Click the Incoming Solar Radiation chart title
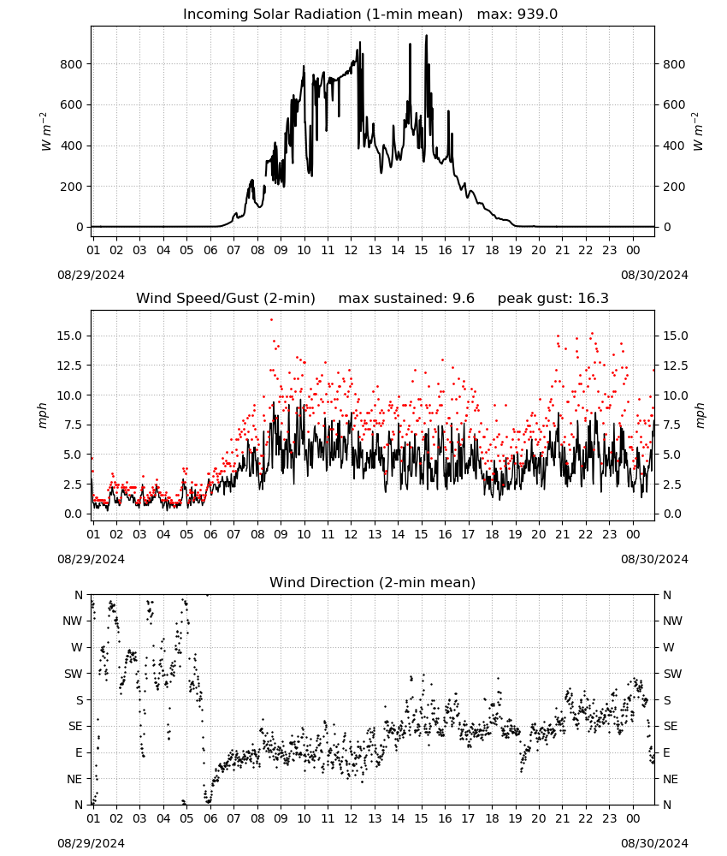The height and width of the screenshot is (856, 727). [x=322, y=14]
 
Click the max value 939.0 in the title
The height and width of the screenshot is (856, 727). [x=537, y=14]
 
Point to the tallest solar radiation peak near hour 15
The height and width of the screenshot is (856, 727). [x=427, y=36]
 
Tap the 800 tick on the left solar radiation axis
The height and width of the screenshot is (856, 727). [x=71, y=64]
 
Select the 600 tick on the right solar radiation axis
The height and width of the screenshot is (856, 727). [x=674, y=104]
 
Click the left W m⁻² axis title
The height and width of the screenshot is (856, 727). [x=46, y=131]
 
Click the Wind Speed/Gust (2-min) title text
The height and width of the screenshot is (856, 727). [x=225, y=298]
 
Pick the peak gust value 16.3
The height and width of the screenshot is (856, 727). [x=591, y=298]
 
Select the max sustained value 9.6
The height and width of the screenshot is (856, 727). [x=464, y=298]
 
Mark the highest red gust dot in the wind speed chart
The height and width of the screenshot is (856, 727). [x=272, y=320]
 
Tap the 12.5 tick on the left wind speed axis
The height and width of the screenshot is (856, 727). [x=70, y=366]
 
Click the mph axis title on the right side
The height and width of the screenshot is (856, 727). [x=700, y=415]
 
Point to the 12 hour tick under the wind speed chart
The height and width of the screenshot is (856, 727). [x=351, y=534]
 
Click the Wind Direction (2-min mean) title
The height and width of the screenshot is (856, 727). [x=373, y=582]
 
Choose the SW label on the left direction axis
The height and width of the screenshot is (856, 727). [x=73, y=674]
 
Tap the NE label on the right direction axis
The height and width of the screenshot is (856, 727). [x=671, y=779]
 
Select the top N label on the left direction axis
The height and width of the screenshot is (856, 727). [x=79, y=595]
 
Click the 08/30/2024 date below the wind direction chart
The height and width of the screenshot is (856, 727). [x=654, y=843]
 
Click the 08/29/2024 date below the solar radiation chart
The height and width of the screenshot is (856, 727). [x=91, y=275]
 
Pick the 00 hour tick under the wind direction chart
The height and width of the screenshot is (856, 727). [x=633, y=818]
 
